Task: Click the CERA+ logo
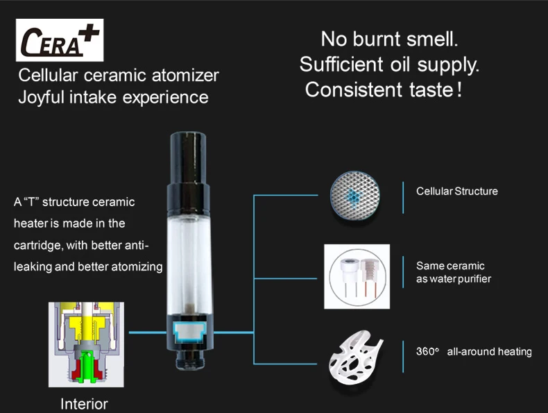(x=60, y=41)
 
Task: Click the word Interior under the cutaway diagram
(x=84, y=403)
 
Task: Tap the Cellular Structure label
(x=456, y=191)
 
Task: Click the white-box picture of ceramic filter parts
(x=357, y=276)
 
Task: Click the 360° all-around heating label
(x=474, y=351)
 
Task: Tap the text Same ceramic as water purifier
(x=451, y=272)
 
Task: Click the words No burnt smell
(x=389, y=39)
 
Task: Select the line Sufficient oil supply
(x=389, y=65)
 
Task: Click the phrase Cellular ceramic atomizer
(x=119, y=75)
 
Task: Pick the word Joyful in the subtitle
(x=42, y=96)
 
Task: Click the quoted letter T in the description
(x=32, y=202)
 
